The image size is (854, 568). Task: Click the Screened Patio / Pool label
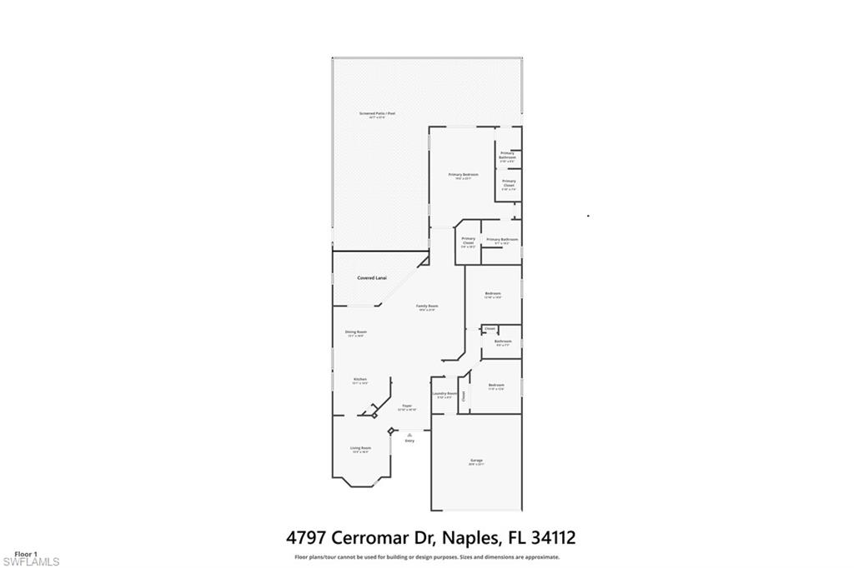click(x=377, y=113)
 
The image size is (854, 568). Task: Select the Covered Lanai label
click(x=372, y=277)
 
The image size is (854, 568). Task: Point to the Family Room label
click(x=428, y=306)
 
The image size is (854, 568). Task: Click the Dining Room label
click(x=356, y=332)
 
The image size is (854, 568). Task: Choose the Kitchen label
click(x=359, y=380)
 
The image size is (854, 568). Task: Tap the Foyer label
click(x=406, y=406)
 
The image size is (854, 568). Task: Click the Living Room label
click(x=360, y=449)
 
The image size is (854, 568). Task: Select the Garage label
click(x=476, y=461)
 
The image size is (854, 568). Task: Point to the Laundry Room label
click(x=445, y=394)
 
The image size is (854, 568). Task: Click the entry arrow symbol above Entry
click(x=409, y=434)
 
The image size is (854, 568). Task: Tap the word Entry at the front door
click(x=409, y=441)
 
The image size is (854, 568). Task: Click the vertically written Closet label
click(x=463, y=396)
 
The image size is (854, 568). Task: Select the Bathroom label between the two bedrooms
click(x=503, y=341)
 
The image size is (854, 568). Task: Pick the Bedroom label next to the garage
click(x=496, y=385)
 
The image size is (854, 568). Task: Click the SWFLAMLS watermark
click(x=30, y=561)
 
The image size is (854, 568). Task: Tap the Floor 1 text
click(x=27, y=553)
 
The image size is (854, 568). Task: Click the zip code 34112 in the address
click(x=546, y=538)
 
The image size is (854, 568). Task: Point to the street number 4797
click(x=305, y=538)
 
